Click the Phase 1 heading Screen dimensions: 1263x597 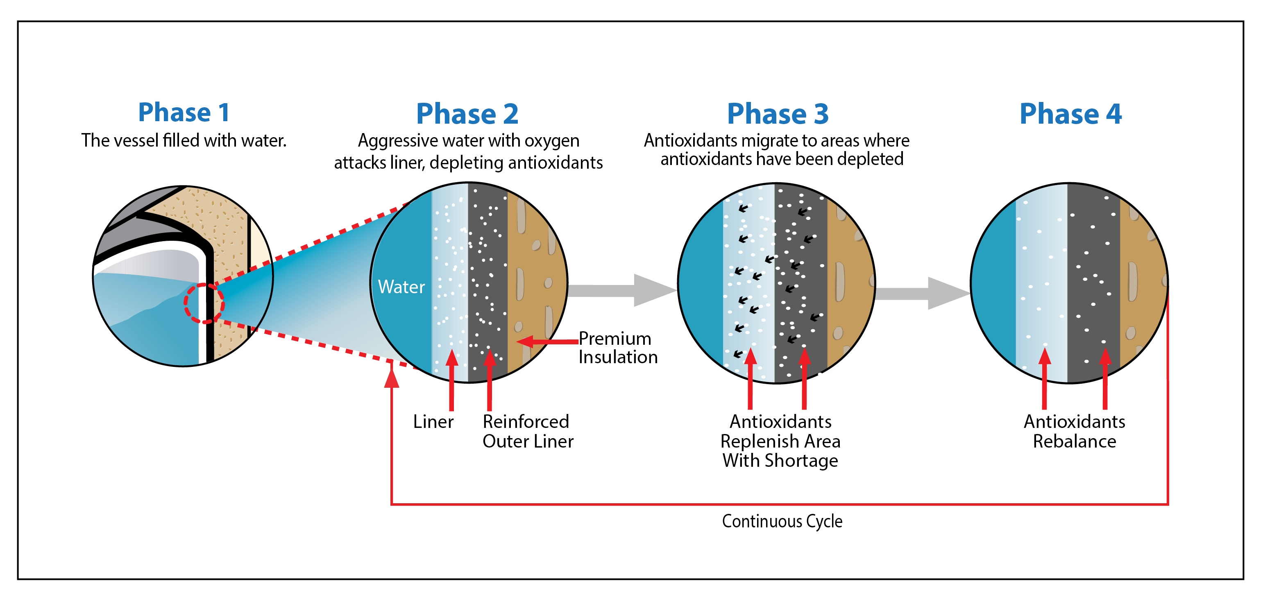pyautogui.click(x=184, y=112)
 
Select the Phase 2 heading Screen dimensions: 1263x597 pyautogui.click(x=467, y=114)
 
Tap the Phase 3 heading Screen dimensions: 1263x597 pyautogui.click(x=778, y=114)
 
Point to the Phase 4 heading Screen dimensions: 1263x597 pyautogui.click(x=1070, y=114)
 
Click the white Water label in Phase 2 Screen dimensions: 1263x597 pyautogui.click(x=401, y=287)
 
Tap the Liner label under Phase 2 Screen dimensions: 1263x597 pyautogui.click(x=433, y=421)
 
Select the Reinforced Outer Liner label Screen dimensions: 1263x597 pyautogui.click(x=528, y=431)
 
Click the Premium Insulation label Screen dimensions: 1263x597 pyautogui.click(x=618, y=348)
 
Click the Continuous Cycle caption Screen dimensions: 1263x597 pyautogui.click(x=782, y=521)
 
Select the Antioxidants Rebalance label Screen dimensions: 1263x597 pyautogui.click(x=1074, y=431)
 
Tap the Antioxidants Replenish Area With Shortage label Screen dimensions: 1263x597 pyautogui.click(x=780, y=441)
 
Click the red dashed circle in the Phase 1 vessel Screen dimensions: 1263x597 pyautogui.click(x=204, y=303)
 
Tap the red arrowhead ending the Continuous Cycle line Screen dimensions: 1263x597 pyautogui.click(x=391, y=377)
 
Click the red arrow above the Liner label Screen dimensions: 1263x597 pyautogui.click(x=451, y=380)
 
